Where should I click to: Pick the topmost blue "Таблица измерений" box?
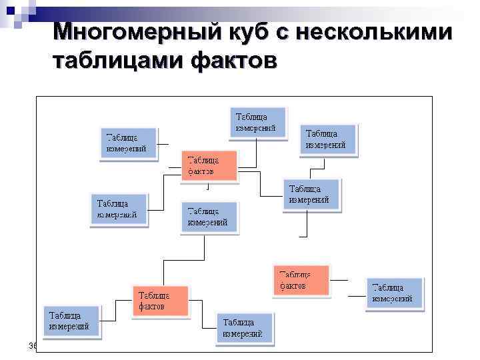coord(257,122)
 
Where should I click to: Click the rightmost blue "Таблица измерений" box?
coord(394,293)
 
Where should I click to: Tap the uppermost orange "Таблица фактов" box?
coord(209,165)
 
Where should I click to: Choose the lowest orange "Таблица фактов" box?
coord(161,301)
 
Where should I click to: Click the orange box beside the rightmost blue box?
coord(301,280)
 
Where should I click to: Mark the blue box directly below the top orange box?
coord(209,217)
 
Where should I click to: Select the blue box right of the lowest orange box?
coord(244,327)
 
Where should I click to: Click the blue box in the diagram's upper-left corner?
coord(129,143)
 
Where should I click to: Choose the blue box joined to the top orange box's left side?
coord(118,209)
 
